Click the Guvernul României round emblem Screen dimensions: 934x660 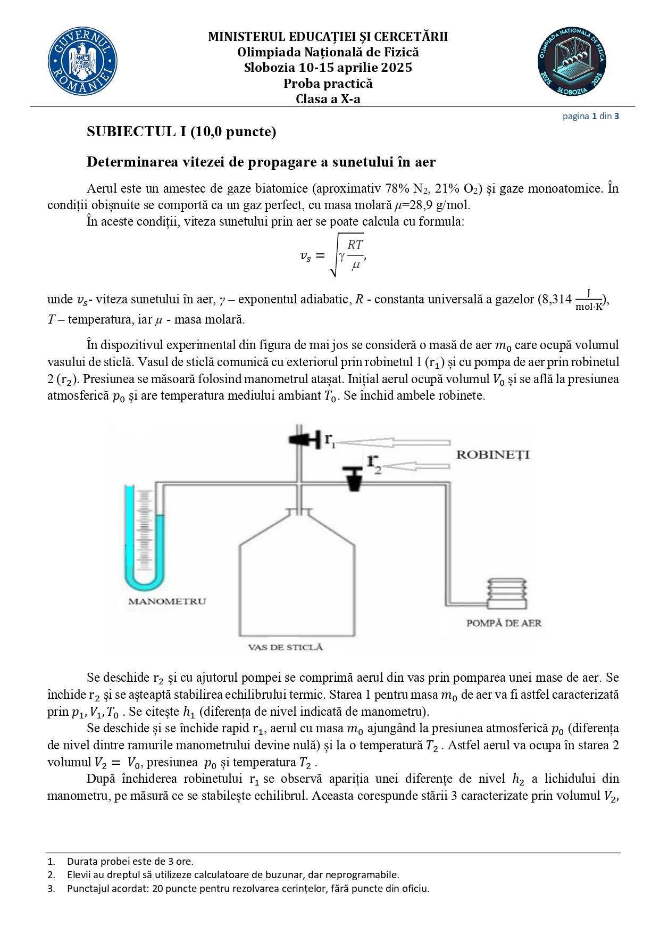pos(82,62)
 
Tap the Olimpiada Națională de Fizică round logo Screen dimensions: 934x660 pos(572,62)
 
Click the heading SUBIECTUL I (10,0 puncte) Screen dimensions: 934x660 pos(181,131)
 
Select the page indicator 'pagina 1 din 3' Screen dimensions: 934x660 pos(590,116)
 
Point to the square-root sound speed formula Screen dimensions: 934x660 pos(333,255)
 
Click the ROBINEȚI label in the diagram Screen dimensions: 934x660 pos(492,454)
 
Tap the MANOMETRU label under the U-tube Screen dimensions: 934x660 pos(166,601)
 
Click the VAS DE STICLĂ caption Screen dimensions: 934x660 pos(285,647)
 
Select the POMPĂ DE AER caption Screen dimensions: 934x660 pos(504,623)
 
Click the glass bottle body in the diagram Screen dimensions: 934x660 pos(297,585)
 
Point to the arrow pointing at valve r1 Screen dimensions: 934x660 pos(394,442)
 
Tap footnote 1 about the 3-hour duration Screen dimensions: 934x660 pos(130,861)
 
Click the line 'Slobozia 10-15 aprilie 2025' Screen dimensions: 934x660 pos(328,68)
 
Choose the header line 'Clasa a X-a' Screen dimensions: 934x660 pos(328,99)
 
